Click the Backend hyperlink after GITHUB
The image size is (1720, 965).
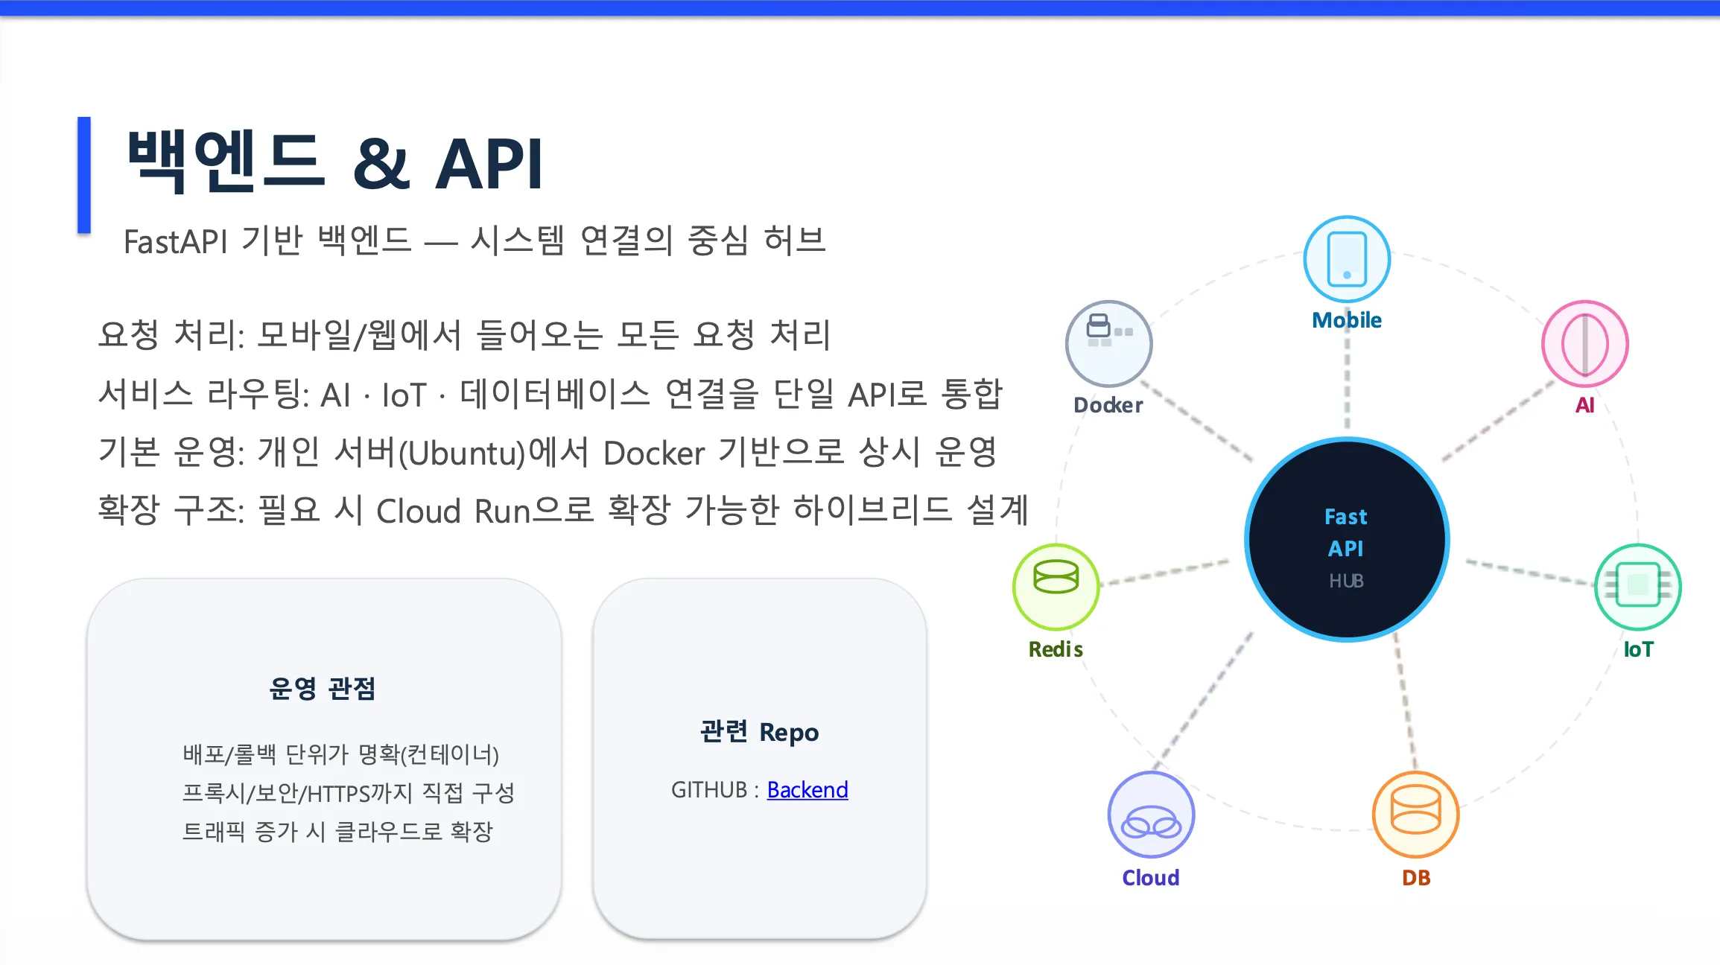point(807,789)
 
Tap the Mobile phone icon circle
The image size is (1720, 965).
point(1346,259)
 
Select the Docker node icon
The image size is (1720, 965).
point(1108,343)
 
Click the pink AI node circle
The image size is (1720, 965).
point(1584,344)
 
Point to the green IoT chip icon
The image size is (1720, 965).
point(1637,586)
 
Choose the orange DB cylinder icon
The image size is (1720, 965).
point(1415,814)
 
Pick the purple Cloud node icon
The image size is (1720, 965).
point(1151,815)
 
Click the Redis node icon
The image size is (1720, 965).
point(1056,586)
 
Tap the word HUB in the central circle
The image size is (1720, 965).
point(1346,581)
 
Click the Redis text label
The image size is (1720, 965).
point(1056,649)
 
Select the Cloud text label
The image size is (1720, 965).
point(1151,878)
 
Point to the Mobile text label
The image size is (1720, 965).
point(1346,320)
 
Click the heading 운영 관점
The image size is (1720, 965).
point(323,689)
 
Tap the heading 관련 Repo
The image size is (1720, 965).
point(759,732)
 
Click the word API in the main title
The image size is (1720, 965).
point(489,165)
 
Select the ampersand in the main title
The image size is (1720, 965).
point(381,165)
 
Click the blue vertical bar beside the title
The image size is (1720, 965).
point(84,175)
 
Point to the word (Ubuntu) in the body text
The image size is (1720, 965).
point(462,453)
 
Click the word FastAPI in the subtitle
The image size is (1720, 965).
point(175,242)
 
